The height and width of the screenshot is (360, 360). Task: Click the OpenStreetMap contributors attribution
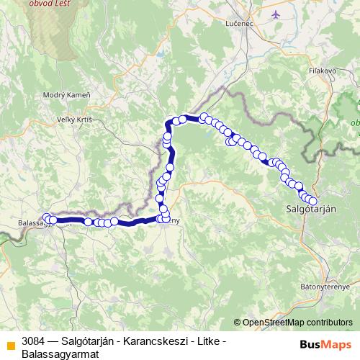coord(296,323)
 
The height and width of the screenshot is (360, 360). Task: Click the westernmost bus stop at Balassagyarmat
coord(47,217)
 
